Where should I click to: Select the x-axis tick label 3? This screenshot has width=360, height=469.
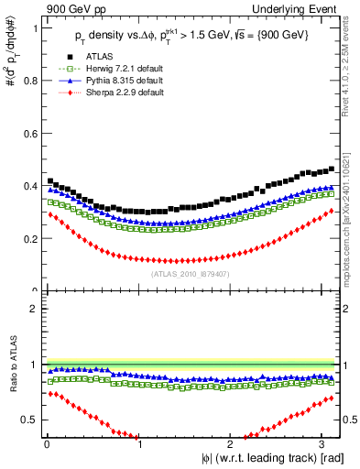(326, 444)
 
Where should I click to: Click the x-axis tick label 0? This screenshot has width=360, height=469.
(46, 444)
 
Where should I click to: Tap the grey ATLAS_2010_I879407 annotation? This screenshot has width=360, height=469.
(191, 273)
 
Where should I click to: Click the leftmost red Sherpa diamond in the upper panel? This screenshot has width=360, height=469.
(49, 214)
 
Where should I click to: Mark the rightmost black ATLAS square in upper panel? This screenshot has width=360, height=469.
(331, 169)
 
